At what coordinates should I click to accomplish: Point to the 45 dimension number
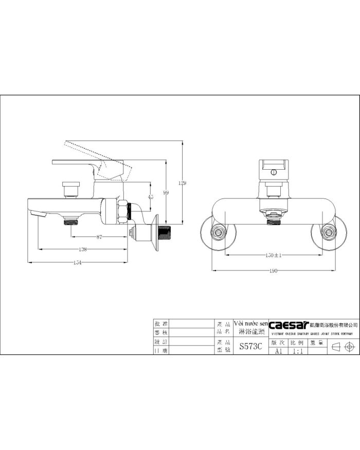tap(150, 197)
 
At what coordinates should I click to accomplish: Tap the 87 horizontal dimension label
tap(99, 237)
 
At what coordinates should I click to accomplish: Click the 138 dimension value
tap(83, 249)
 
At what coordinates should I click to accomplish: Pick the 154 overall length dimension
tap(79, 262)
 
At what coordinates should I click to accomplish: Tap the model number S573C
tap(250, 347)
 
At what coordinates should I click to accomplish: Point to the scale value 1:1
tap(297, 351)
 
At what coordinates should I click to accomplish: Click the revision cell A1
tap(278, 351)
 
